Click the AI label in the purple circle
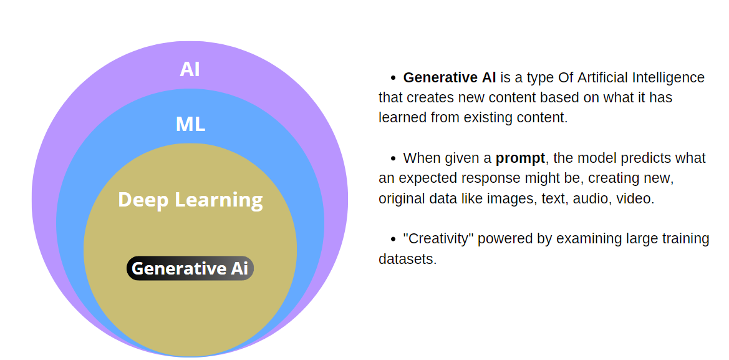click(190, 69)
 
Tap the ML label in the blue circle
click(190, 124)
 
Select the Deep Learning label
click(190, 200)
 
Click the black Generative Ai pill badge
click(190, 268)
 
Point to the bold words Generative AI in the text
click(450, 77)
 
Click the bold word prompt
click(520, 158)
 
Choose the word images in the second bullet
click(541, 198)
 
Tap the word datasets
click(406, 259)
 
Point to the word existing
click(487, 117)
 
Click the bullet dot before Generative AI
click(393, 78)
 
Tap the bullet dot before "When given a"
click(393, 158)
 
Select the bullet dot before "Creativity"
click(393, 239)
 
